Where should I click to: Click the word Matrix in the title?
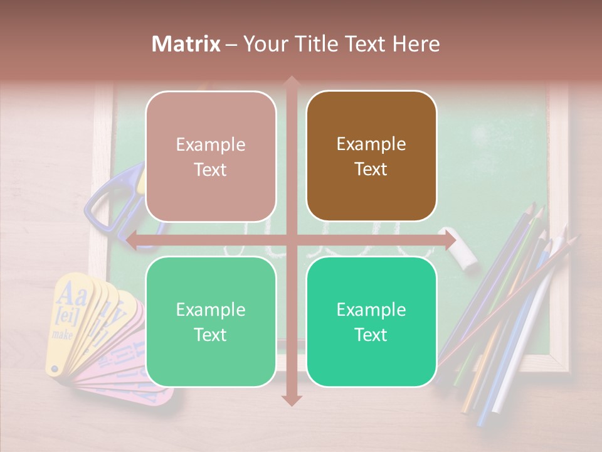point(186,44)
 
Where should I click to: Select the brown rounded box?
point(371,156)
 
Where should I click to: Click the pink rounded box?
point(211,156)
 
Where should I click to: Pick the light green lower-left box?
point(211,322)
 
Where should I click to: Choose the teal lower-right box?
point(371,322)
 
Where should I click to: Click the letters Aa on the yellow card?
point(71,293)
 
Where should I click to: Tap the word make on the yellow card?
point(62,335)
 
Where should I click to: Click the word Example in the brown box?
point(371,144)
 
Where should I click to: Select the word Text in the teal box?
point(371,335)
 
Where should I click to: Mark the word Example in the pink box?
point(211,144)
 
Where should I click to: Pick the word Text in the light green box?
point(211,335)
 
